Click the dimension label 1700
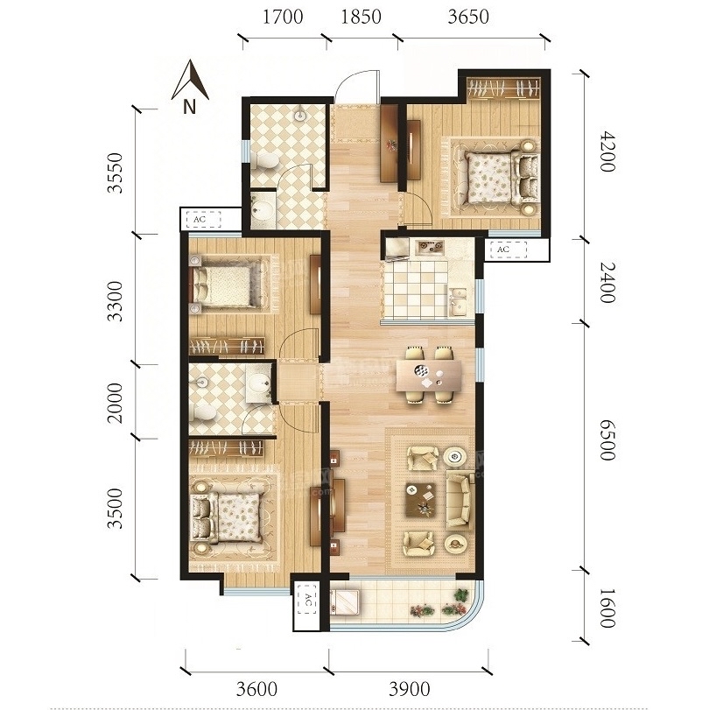283,17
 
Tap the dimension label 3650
468,17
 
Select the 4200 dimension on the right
607,151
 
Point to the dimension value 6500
607,440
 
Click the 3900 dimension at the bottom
410,690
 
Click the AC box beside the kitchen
509,250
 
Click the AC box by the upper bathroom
203,219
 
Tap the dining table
429,376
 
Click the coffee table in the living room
421,500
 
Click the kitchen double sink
458,300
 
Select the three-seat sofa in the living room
460,499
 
